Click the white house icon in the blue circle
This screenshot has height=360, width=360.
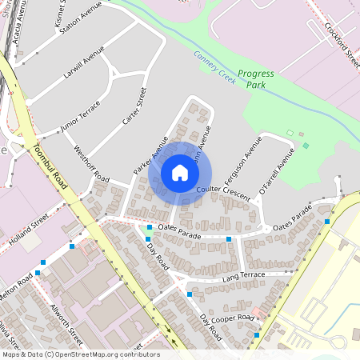(x=179, y=173)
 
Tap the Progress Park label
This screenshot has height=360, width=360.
(x=256, y=78)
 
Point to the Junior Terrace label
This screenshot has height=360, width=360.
(x=80, y=116)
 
